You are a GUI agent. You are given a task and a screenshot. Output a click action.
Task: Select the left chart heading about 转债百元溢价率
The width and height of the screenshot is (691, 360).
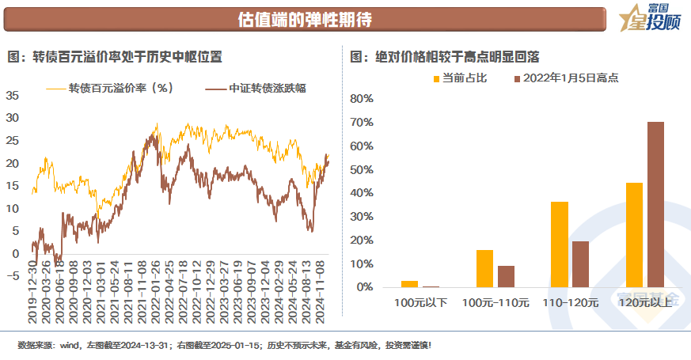115,57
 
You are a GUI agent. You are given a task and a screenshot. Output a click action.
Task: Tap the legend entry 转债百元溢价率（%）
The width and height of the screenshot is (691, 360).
120,88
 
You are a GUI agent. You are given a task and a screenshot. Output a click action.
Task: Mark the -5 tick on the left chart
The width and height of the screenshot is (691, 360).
12,276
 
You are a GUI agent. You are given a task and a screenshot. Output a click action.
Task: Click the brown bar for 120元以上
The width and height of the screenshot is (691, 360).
655,204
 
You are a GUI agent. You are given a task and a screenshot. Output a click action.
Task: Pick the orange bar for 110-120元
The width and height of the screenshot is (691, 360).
559,244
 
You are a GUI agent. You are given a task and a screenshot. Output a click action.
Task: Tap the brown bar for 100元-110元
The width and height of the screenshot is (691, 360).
506,276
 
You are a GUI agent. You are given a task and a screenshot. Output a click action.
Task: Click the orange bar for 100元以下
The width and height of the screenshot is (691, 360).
409,283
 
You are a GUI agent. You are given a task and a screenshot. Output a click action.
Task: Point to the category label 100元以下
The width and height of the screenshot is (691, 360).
420,303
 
